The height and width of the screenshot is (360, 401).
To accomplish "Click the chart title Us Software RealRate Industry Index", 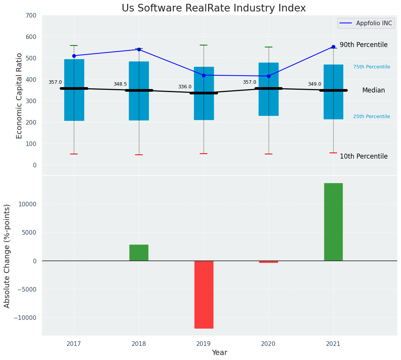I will point(214,8).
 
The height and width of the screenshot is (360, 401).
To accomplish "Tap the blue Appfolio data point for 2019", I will point(204,75).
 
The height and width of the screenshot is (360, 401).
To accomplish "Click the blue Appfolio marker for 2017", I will point(74,56).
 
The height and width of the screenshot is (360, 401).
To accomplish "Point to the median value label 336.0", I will point(185,87).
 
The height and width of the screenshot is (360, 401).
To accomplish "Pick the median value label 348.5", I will point(120,84).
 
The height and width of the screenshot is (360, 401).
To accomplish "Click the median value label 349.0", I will point(315,84).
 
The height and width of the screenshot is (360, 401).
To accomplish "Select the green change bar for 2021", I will point(333,222).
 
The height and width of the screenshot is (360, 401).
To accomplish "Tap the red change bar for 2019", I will point(204,294).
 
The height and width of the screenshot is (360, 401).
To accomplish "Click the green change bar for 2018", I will point(139,253).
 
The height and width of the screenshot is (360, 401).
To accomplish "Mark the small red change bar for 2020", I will point(269,262).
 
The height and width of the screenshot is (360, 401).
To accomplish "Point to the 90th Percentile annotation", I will point(364,45).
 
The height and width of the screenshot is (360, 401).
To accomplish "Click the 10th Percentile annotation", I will point(364,156).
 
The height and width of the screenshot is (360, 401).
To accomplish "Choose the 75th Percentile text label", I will point(372,67).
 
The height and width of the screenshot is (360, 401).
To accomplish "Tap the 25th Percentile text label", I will point(372,117).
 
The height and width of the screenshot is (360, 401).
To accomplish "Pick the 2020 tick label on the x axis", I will point(269,344).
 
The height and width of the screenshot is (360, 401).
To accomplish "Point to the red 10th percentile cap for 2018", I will point(139,155).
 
